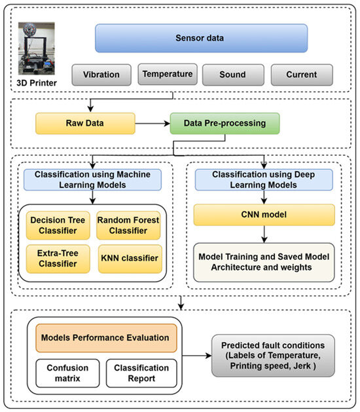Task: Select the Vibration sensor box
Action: pyautogui.click(x=101, y=75)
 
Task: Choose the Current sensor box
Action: pyautogui.click(x=300, y=75)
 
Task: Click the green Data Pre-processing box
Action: pyautogui.click(x=225, y=122)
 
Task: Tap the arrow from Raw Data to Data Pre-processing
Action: pyautogui.click(x=152, y=122)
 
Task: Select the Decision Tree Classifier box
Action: pyautogui.click(x=57, y=225)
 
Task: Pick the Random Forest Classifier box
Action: pyautogui.click(x=128, y=225)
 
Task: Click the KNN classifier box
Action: pyautogui.click(x=128, y=258)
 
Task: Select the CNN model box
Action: pyautogui.click(x=264, y=215)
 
